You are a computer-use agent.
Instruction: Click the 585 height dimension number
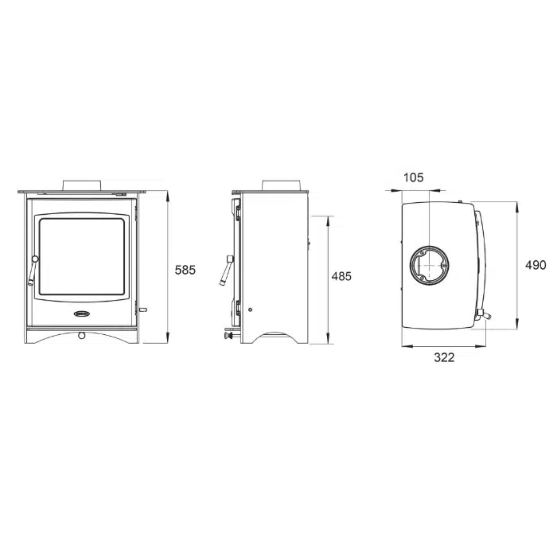point(185,270)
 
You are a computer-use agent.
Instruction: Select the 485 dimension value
point(341,276)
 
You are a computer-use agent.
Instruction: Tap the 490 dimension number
point(536,265)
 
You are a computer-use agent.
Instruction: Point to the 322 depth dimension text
point(444,357)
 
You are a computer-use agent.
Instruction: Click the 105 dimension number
point(414,177)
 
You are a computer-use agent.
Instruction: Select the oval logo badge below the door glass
point(83,314)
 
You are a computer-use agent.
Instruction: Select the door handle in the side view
point(227,271)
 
